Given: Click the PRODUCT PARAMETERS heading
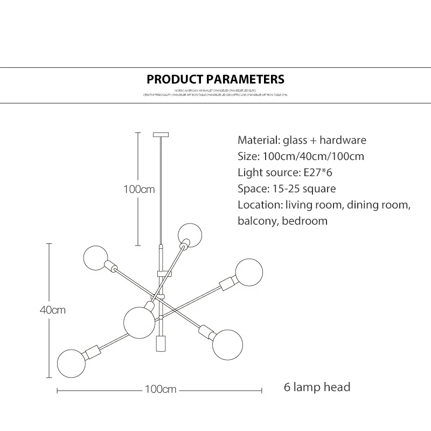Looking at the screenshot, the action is [215, 80].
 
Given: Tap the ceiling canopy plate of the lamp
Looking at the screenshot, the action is [161, 134].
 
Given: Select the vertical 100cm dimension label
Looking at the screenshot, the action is [139, 190].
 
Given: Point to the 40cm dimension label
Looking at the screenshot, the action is [52, 310].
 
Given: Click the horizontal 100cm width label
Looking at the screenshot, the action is [161, 389].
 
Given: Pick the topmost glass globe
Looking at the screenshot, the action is [190, 234].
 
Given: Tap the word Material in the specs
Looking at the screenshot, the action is [258, 141].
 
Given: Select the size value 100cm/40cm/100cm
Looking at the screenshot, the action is [314, 157].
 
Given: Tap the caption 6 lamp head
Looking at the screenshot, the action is [317, 387].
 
